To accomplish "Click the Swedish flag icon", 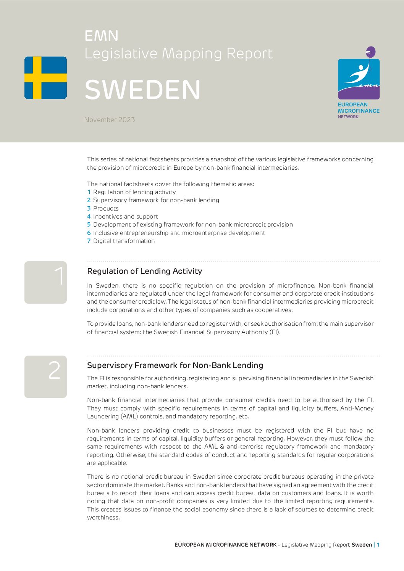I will click(45, 78).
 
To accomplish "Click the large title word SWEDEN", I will click(142, 90).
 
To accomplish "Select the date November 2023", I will click(110, 120).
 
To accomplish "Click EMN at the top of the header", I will click(101, 36).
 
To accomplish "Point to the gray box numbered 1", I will click(45, 282).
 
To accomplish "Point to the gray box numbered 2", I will click(45, 376).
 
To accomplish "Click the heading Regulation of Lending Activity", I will click(144, 271).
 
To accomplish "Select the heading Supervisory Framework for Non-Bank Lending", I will click(175, 365).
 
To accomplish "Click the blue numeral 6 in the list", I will click(89, 233).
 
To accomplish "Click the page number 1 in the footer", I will click(378, 545).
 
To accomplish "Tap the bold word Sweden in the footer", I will click(362, 545).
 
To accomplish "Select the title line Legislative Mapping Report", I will click(178, 54).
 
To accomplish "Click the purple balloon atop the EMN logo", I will click(370, 52).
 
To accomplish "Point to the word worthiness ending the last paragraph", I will click(103, 518).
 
